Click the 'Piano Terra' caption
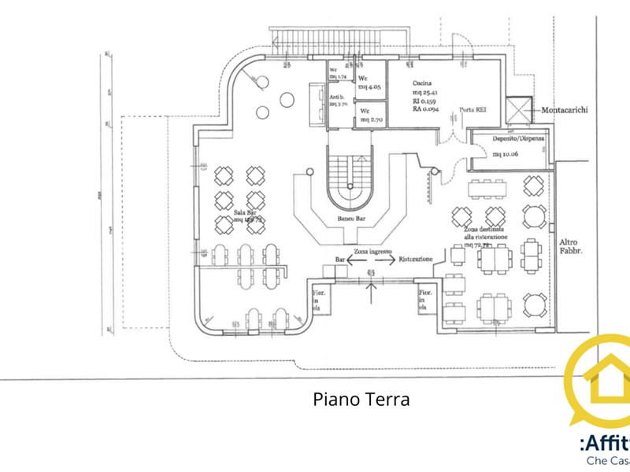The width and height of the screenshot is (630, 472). coord(361,399)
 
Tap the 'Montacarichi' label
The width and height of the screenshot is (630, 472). coord(565,111)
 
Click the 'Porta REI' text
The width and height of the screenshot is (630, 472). coord(472,110)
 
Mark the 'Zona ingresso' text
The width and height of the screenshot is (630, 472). coord(372,251)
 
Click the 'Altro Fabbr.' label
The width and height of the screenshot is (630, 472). coord(569,247)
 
